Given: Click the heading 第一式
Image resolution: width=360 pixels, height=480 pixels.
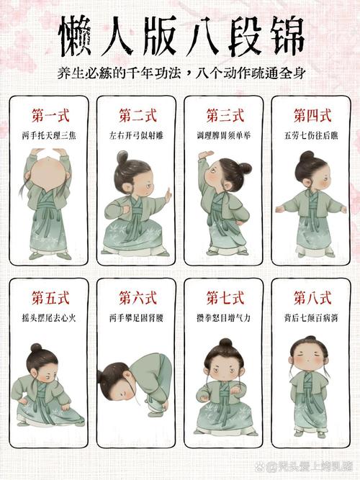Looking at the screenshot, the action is (x=50, y=116).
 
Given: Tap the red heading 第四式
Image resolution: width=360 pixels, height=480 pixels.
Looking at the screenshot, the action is (x=312, y=116).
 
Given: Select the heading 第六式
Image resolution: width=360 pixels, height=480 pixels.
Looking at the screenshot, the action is (x=138, y=298).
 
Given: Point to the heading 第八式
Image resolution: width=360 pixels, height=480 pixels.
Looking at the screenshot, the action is (x=312, y=298).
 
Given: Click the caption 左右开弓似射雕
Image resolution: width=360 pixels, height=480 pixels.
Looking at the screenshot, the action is (x=136, y=135).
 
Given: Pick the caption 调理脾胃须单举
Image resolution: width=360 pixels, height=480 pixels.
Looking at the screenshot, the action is (x=224, y=135).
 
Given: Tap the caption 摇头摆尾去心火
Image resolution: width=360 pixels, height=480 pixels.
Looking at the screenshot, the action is (x=49, y=318).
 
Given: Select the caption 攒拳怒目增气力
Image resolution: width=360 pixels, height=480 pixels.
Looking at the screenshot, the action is (x=224, y=318).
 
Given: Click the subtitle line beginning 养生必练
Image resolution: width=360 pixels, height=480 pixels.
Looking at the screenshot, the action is (x=181, y=74).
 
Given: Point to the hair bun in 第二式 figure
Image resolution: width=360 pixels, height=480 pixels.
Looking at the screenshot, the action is (x=122, y=158).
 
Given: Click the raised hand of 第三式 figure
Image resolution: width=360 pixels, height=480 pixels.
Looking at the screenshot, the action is (x=205, y=155).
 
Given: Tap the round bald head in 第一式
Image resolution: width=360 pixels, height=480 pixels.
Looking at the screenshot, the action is (x=48, y=174).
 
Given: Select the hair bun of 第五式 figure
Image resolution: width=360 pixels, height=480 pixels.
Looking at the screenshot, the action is (x=36, y=348).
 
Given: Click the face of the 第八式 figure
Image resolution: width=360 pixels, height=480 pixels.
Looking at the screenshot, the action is (x=308, y=358).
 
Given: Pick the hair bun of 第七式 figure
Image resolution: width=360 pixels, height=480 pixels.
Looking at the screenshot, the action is (x=226, y=343).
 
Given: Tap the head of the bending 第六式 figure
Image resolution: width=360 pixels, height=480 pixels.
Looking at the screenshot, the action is (x=117, y=381).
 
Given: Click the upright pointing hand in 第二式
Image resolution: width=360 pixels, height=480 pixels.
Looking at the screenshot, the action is (x=168, y=196).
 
